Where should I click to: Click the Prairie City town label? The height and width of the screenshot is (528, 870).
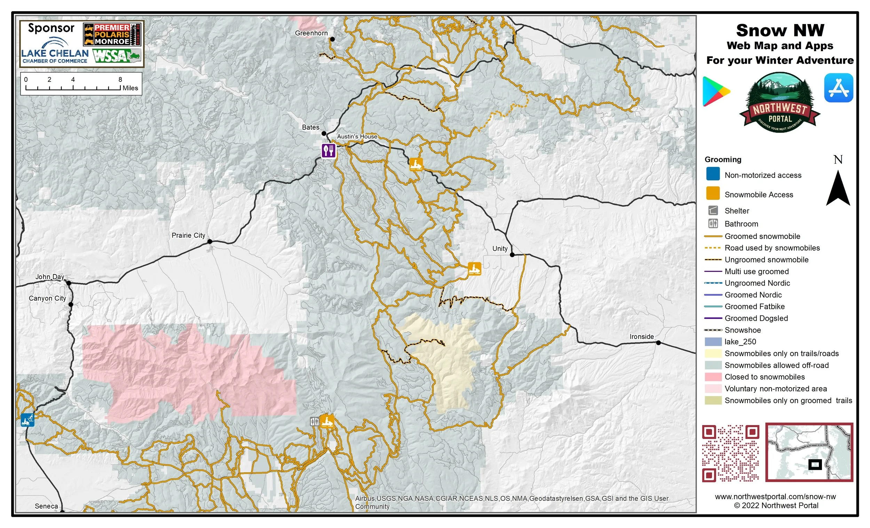(188, 235)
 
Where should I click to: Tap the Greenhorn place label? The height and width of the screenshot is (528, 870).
(311, 33)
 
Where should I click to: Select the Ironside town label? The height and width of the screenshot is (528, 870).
(642, 337)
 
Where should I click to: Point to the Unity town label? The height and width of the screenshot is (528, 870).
(500, 248)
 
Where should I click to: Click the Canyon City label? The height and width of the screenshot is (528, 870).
(47, 298)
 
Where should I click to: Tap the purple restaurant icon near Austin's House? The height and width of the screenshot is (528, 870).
(329, 151)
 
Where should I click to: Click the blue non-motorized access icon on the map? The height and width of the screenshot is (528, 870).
(27, 420)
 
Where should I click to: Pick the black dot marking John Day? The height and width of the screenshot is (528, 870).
(69, 283)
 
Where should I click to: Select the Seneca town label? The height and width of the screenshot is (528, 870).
(46, 506)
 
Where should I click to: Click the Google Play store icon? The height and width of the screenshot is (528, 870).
(715, 91)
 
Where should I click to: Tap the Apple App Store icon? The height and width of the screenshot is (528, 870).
(839, 88)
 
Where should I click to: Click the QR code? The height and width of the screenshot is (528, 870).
(730, 453)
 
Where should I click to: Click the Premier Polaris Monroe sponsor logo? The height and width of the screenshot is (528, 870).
(112, 34)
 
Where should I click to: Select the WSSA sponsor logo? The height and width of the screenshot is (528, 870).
(117, 56)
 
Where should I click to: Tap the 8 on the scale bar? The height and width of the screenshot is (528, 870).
(120, 79)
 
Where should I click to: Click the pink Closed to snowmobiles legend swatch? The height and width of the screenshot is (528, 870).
(713, 377)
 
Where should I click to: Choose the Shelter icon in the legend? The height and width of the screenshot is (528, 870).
(713, 211)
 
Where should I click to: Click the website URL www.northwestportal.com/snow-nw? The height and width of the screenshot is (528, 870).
(775, 497)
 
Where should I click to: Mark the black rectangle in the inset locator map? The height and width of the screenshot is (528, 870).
(815, 464)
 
